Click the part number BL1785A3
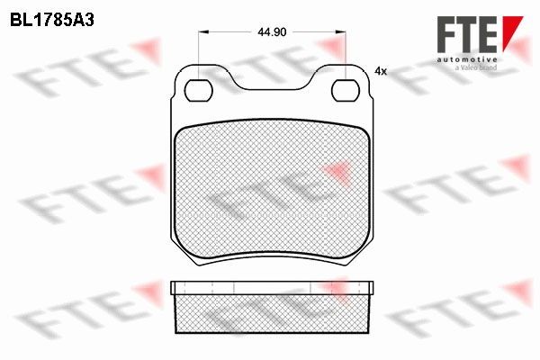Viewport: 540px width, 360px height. (x=52, y=21)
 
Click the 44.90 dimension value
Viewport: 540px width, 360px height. (x=272, y=32)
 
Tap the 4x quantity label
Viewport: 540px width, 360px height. (x=381, y=71)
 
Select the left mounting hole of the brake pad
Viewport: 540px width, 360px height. (x=199, y=90)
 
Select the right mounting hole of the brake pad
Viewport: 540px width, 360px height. (x=346, y=90)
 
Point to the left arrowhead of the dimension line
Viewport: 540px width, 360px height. (x=204, y=32)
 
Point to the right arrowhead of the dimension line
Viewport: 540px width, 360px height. (x=340, y=32)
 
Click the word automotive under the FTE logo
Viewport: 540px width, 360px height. (x=467, y=60)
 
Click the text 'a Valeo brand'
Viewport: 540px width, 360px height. (x=476, y=67)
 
